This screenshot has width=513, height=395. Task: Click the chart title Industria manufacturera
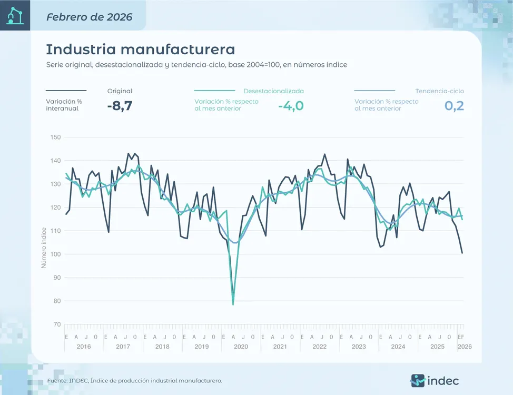[140, 50]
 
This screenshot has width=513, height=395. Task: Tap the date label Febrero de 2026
[89, 17]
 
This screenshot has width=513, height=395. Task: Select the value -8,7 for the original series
[119, 106]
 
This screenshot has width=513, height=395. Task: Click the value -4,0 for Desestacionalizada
[291, 106]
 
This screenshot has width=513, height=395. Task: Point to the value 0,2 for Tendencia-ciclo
[454, 106]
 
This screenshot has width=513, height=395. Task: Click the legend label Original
[120, 91]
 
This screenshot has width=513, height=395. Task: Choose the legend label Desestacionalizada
[273, 91]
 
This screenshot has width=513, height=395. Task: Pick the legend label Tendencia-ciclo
[439, 91]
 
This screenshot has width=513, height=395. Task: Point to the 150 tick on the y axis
[55, 137]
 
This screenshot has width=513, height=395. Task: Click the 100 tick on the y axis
[55, 254]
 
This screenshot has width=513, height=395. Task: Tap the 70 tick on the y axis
[56, 324]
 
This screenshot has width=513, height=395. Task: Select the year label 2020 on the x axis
[241, 347]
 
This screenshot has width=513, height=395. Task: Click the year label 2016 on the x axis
[84, 347]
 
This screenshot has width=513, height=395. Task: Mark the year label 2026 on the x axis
[465, 347]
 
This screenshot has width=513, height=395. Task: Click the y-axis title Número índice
[44, 248]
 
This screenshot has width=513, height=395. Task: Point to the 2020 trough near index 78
[233, 304]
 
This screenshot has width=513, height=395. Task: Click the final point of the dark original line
[462, 253]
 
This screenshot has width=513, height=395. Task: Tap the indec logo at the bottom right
[435, 380]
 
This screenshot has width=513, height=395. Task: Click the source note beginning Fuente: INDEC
[134, 380]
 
